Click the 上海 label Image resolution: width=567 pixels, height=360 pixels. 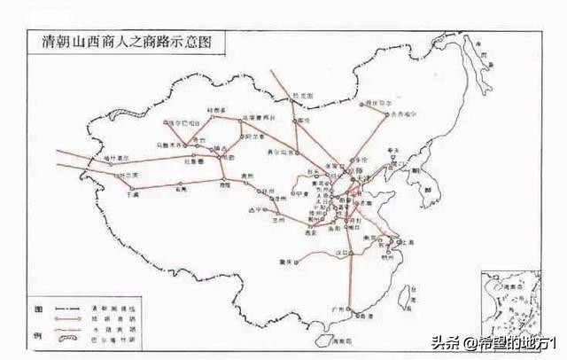click(408, 242)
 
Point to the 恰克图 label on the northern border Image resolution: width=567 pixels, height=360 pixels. click(305, 95)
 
